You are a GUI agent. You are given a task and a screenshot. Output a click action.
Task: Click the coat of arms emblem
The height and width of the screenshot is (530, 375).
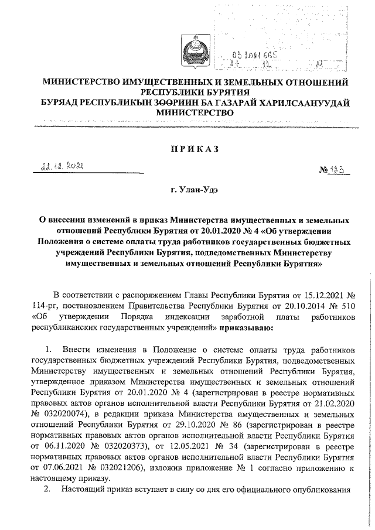coord(188,49)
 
